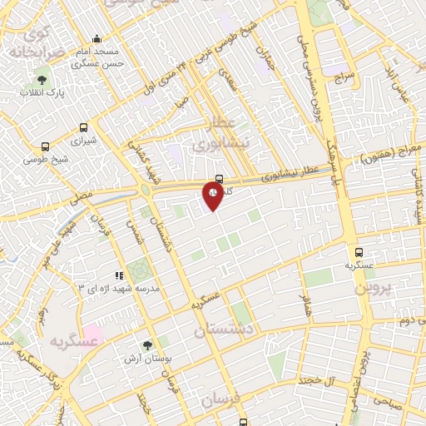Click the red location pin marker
pos(213,195)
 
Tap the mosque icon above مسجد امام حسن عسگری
pos(97,38)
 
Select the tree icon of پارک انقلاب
pos(42,79)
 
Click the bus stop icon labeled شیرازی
pos(82,127)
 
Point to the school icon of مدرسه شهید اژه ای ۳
pos(120,274)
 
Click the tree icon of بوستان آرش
pos(147,344)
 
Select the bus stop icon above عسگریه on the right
pos(359,250)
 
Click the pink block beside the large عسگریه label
pos(92,336)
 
